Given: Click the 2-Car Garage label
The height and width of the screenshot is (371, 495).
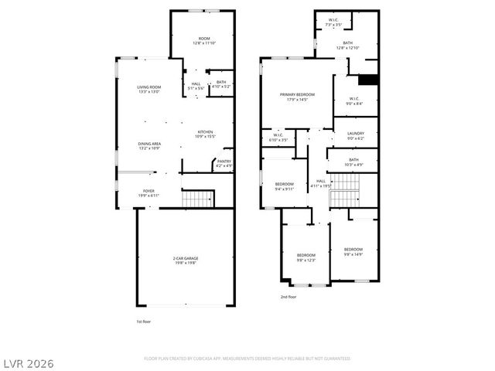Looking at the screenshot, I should tap(184, 258).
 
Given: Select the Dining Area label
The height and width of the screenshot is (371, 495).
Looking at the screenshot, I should tap(148, 144).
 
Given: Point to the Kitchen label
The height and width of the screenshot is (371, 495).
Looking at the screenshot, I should tap(205, 132).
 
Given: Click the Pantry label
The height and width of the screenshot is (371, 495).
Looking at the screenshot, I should tap(224, 161).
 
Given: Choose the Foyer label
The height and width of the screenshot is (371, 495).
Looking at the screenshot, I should tap(148, 190).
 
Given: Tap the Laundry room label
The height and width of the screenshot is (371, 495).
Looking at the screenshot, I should tap(355, 134).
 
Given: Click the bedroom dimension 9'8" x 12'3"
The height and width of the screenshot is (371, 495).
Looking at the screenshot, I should tap(306, 260).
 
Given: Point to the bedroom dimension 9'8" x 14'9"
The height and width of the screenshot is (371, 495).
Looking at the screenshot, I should tap(353, 254).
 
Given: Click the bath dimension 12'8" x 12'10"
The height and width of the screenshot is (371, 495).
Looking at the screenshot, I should tap(347, 48).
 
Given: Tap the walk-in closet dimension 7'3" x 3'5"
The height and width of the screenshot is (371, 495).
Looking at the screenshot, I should tap(333, 25).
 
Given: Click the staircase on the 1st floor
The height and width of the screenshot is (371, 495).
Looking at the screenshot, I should tap(198, 199).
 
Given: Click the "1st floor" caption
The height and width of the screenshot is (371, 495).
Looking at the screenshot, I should tap(143, 321).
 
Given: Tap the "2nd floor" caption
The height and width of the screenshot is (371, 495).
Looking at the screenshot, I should tap(288, 296).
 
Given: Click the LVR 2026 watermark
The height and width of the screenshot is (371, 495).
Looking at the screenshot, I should tap(28, 362).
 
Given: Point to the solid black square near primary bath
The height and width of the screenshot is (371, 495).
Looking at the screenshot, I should tap(370, 78).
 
